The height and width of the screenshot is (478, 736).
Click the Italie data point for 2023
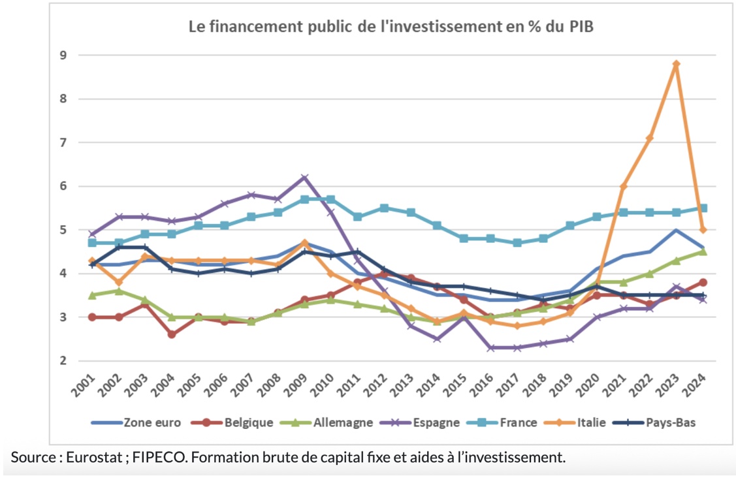(676, 64)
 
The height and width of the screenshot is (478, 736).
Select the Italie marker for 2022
(649, 138)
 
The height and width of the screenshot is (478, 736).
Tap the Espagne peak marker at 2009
(304, 178)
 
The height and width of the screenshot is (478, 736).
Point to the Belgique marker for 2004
(171, 334)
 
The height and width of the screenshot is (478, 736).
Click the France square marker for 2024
(703, 208)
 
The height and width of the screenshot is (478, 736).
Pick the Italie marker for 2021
(623, 186)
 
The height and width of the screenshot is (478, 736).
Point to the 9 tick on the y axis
(63, 56)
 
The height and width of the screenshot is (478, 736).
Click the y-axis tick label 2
(63, 360)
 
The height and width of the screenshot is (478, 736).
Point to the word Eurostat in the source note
(94, 457)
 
